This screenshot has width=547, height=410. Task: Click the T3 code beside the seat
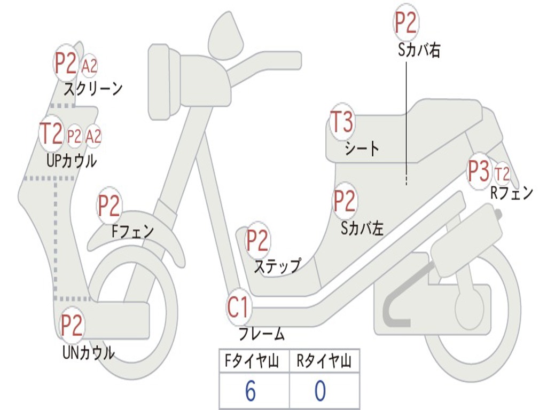pos(342,123)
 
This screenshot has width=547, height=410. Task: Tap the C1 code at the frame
pos(238,308)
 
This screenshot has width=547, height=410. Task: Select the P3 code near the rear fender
pos(478,171)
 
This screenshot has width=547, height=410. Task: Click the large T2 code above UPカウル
pos(52,133)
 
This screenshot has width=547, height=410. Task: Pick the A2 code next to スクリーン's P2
pos(89,67)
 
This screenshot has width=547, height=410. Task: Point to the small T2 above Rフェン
pos(502,174)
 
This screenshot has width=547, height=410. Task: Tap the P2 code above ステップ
pos(257,241)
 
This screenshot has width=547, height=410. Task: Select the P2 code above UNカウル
pos(72,325)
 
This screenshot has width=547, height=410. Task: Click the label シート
pos(362,148)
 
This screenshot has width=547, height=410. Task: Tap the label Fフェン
pos(132,232)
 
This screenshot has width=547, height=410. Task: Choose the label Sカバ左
pos(362,228)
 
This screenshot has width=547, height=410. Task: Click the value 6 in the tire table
pos(250,392)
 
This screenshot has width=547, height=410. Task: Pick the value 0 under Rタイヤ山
pos(319,392)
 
